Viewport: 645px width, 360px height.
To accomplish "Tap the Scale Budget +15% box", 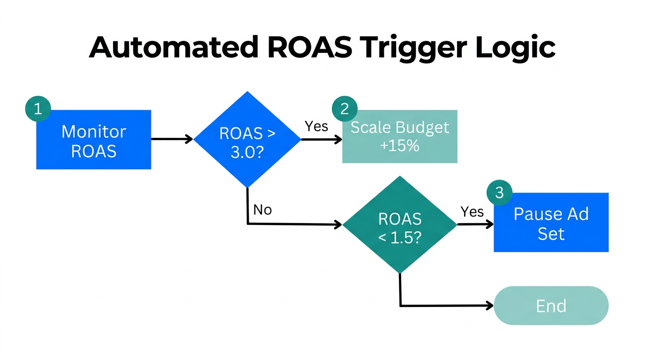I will click(x=399, y=137).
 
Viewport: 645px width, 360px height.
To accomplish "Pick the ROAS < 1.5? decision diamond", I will click(x=399, y=225).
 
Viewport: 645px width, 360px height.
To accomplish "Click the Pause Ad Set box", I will click(x=551, y=223).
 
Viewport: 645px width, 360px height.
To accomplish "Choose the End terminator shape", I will click(x=551, y=306).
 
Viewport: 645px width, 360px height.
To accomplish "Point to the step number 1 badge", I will click(x=37, y=109).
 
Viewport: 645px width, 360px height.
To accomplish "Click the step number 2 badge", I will click(x=345, y=109).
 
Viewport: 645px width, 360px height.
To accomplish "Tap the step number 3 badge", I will click(x=499, y=193).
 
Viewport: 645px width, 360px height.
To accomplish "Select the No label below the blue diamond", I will click(x=262, y=210).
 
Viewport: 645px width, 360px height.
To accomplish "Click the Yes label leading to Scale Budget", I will click(x=316, y=126).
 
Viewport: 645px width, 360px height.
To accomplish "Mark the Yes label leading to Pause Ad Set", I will click(x=472, y=212).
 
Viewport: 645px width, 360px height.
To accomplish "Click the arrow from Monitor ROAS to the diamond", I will click(x=172, y=139).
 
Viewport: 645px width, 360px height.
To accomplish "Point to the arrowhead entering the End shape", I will click(x=490, y=306).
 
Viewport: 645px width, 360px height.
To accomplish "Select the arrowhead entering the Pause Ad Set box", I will click(x=490, y=224).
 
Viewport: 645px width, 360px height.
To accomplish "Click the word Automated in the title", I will click(x=173, y=47).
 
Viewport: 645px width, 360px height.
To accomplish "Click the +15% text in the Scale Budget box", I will click(x=399, y=146).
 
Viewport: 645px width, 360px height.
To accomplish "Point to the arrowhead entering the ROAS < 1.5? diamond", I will click(x=338, y=225).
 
